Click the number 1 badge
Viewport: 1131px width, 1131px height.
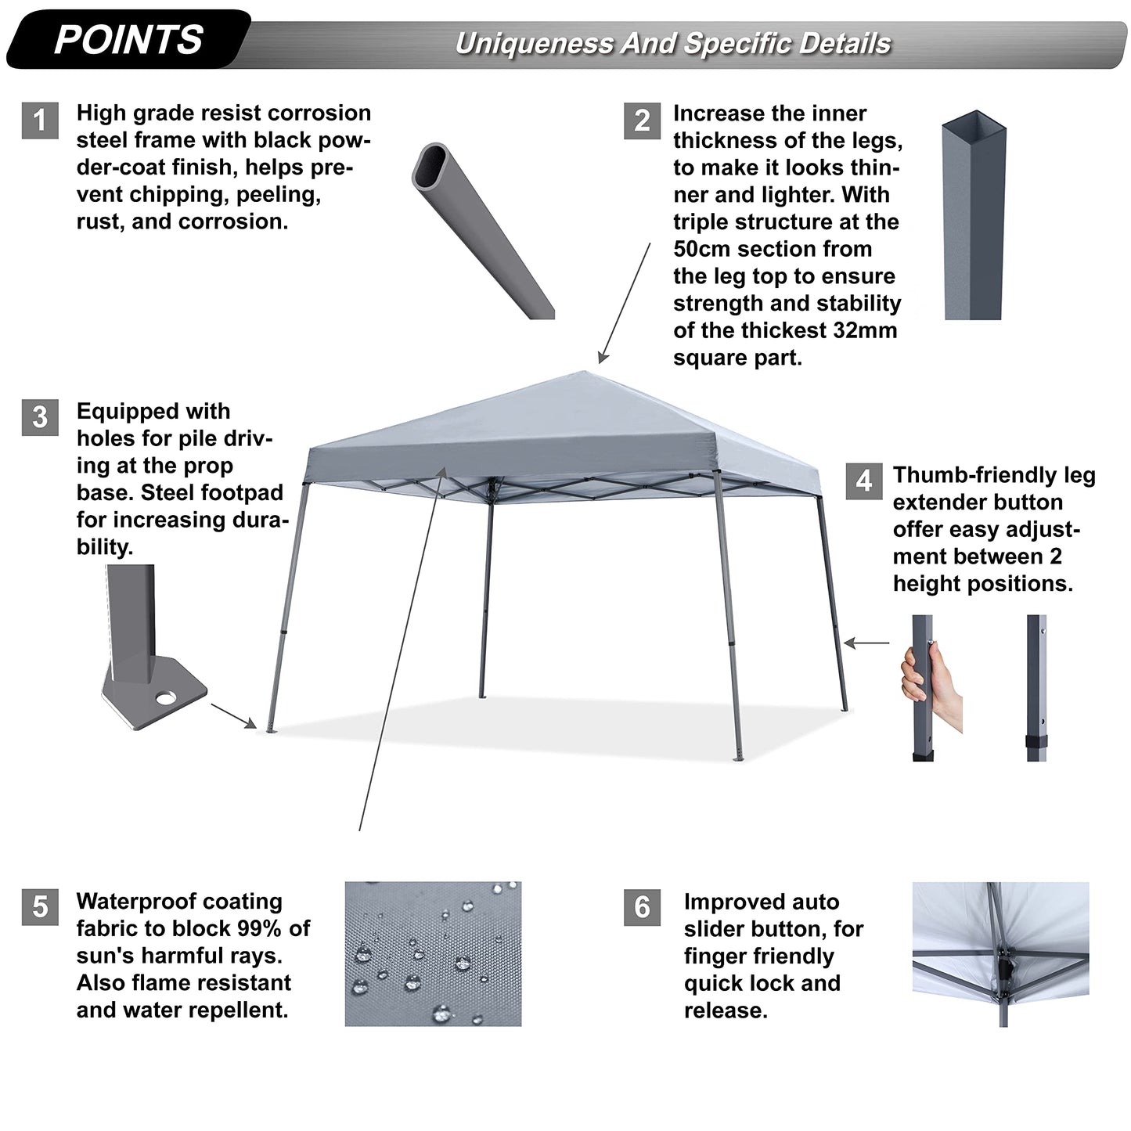[40, 121]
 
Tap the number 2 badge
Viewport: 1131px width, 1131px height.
[642, 121]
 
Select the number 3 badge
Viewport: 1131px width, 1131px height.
[40, 417]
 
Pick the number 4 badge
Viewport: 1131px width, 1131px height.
[864, 481]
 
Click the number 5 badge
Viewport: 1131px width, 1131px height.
[40, 907]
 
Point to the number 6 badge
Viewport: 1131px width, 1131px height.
[642, 907]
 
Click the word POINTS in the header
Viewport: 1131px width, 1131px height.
[128, 40]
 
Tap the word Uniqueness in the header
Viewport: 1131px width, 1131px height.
[533, 44]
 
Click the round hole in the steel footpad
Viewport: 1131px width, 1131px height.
[165, 698]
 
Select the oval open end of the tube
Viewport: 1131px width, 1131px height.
[430, 165]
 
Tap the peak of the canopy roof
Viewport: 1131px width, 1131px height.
[583, 372]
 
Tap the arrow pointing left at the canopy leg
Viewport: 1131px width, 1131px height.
[866, 643]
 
